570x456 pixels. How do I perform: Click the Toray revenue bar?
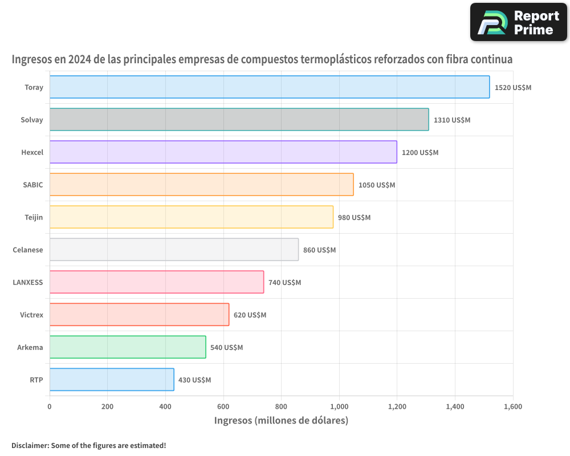[269, 87]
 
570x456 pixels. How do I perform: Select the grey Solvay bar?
[239, 120]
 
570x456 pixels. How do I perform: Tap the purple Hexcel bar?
[223, 152]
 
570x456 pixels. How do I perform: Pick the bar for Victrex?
[139, 315]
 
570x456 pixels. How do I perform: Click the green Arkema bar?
[128, 347]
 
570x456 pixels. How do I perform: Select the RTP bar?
[112, 380]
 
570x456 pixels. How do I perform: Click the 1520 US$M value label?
[513, 88]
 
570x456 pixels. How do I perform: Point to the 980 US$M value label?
[354, 218]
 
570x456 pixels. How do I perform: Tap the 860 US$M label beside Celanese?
[319, 250]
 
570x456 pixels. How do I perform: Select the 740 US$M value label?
[284, 283]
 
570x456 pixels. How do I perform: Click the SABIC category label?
[32, 185]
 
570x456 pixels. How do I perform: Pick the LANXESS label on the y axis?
[27, 282]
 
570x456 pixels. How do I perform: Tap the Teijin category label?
[34, 217]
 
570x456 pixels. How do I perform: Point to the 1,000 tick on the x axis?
[339, 407]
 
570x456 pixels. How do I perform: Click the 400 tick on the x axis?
[165, 407]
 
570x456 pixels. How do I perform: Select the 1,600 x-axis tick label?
[512, 407]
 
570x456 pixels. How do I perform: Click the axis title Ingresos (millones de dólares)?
[281, 421]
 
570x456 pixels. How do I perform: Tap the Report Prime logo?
[518, 22]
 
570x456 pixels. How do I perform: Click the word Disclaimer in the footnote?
[29, 446]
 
